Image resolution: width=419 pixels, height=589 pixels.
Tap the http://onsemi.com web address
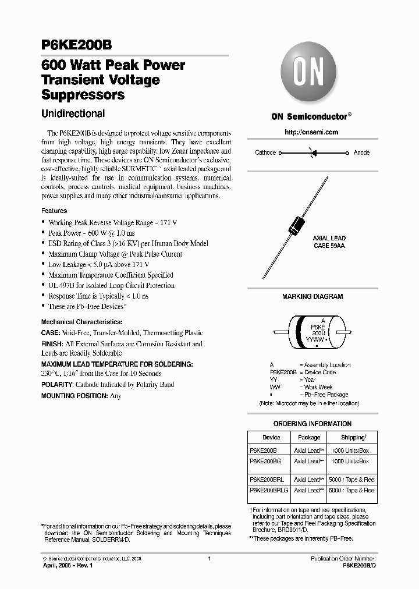coord(311,132)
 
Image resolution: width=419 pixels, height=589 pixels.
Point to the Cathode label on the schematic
coord(265,152)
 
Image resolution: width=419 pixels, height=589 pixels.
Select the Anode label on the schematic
coord(361,152)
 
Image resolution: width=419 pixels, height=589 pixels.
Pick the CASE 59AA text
coord(329,246)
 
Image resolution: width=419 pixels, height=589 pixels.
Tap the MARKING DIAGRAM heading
coord(313,297)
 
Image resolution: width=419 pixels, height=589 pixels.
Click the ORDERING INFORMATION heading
coord(313,424)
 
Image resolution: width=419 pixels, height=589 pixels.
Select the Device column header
coord(271,437)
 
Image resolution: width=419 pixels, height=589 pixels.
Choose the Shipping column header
coord(353,437)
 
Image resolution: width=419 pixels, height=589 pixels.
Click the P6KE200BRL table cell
coord(267,480)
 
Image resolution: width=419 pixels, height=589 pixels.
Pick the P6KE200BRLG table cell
coord(268,490)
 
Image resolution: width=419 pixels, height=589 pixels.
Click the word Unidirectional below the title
coord(73,114)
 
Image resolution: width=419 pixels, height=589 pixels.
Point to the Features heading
coord(54,211)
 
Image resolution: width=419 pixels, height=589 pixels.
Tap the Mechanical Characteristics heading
coord(81,322)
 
